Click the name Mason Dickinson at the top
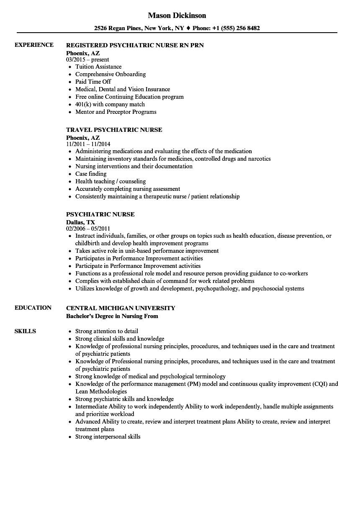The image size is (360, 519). [x=177, y=15]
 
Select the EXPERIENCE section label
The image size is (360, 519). [x=34, y=45]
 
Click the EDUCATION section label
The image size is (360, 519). [x=33, y=308]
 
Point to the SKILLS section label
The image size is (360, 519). [x=25, y=331]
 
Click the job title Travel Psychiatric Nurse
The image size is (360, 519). [x=114, y=130]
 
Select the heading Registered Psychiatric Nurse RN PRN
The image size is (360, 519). [x=135, y=45]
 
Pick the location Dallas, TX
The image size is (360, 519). [x=80, y=222]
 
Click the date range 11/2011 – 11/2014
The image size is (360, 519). [x=88, y=144]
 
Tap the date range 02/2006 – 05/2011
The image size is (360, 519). [x=88, y=229]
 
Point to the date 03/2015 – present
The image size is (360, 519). [x=87, y=59]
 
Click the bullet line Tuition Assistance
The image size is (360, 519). [x=98, y=67]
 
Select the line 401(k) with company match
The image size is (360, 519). [x=110, y=104]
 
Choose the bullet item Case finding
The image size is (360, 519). [x=91, y=174]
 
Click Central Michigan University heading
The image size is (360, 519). [x=121, y=308]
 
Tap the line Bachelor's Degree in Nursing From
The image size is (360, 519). [x=112, y=316]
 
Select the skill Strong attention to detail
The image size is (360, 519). [x=107, y=331]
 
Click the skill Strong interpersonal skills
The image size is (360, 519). [x=108, y=437]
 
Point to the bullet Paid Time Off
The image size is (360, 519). [x=93, y=82]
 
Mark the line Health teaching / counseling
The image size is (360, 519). [x=111, y=181]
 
